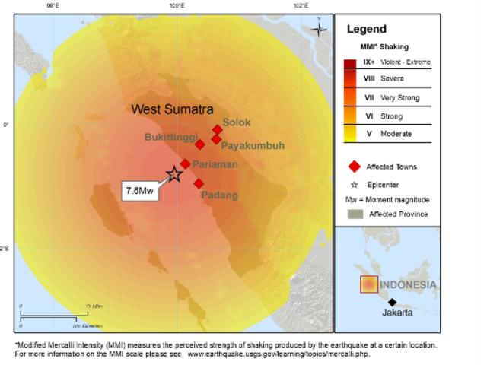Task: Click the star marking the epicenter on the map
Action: point(174,174)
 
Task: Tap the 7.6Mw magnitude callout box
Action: point(140,191)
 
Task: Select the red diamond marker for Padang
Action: point(199,183)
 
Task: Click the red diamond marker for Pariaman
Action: point(185,163)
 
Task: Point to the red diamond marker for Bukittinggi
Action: point(199,144)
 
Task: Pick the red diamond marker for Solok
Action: point(217,129)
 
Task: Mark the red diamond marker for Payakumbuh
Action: point(216,139)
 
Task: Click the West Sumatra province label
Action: point(172,109)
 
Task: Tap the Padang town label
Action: point(219,195)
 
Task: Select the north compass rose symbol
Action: point(320,29)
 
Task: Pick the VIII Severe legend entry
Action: point(384,78)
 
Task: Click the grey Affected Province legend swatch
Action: point(354,214)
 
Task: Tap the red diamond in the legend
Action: point(353,167)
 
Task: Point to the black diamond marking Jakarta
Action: point(392,302)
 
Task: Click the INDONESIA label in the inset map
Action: point(409,285)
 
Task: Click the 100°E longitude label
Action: point(177,6)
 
